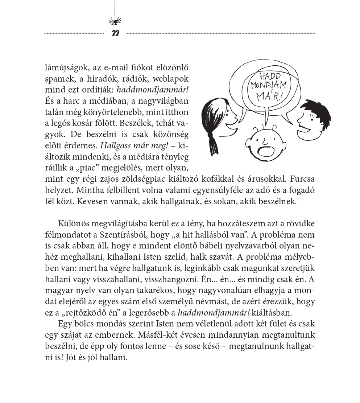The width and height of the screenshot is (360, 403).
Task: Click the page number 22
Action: click(115, 34)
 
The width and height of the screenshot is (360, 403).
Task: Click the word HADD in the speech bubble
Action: click(270, 77)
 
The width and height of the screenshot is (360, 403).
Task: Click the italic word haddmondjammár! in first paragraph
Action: click(150, 89)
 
